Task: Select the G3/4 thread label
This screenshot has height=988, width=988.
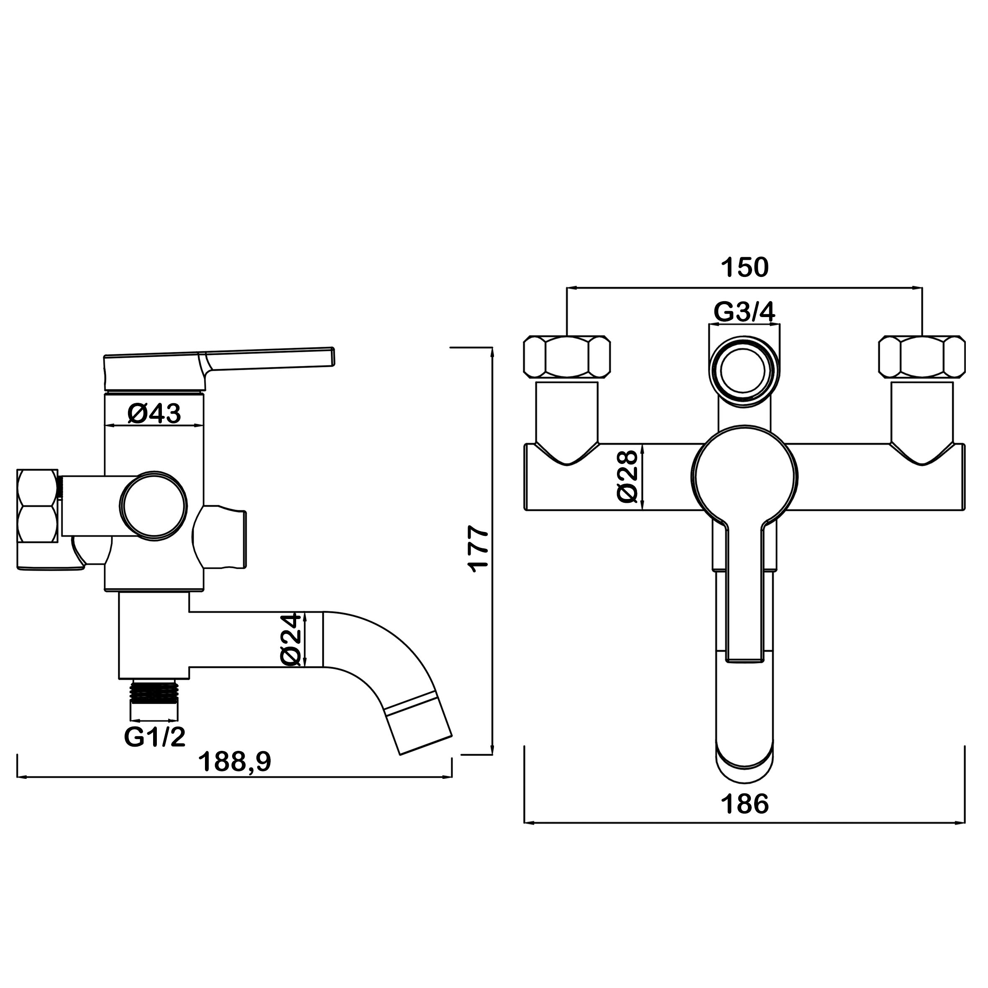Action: (745, 312)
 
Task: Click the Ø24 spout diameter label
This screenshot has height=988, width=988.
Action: (291, 640)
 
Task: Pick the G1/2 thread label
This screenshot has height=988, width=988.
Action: (154, 737)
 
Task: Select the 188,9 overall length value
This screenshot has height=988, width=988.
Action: (235, 762)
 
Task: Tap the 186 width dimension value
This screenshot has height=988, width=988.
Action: (745, 804)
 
